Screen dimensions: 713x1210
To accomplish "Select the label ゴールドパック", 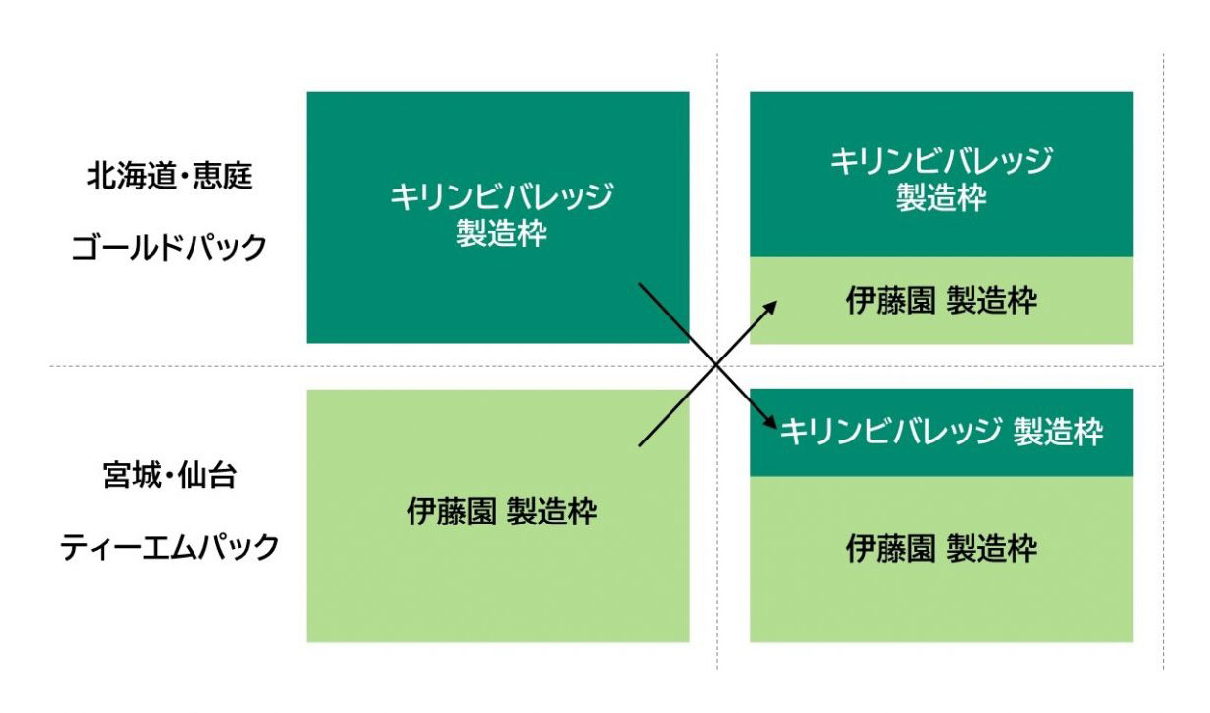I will [169, 248].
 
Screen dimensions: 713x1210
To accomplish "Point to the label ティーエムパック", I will [169, 547].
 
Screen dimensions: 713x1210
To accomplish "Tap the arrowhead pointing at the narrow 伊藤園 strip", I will [772, 305].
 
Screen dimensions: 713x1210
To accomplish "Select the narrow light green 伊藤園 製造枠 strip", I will [940, 301].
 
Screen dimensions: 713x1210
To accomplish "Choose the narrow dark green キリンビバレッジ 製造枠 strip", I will [940, 433].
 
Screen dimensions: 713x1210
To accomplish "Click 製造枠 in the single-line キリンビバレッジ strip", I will [1058, 432].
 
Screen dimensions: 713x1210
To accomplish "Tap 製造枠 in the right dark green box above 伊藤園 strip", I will [940, 197].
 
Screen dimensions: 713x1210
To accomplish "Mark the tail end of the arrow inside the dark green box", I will [641, 285].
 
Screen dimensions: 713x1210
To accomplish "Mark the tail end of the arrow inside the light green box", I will [641, 445].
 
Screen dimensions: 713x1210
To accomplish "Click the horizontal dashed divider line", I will [195, 367].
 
